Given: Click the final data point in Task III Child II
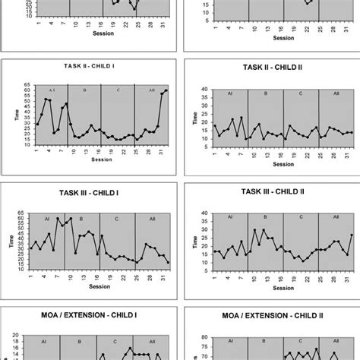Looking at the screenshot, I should coord(351,235).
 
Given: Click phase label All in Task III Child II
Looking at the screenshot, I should coord(335,217).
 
